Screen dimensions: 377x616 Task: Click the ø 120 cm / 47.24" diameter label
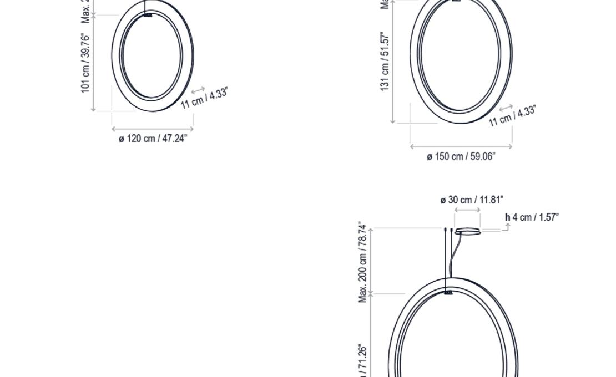[153, 138]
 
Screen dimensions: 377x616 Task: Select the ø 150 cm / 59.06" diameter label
[461, 156]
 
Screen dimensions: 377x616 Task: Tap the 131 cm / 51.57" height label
[385, 61]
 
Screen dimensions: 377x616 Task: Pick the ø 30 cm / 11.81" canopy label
[472, 200]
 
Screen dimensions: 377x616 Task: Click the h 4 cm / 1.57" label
[532, 217]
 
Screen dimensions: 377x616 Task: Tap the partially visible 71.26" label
[363, 360]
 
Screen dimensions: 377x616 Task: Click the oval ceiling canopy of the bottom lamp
[468, 231]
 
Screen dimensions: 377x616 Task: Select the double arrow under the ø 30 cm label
[467, 211]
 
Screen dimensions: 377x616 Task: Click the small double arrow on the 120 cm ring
[198, 89]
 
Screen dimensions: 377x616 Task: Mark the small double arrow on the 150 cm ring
[506, 108]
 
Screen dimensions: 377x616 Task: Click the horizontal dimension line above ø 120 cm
[153, 129]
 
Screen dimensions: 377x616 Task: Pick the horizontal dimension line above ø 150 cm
[461, 146]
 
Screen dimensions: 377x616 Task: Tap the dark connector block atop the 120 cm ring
[148, 15]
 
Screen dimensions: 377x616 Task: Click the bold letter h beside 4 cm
[507, 217]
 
